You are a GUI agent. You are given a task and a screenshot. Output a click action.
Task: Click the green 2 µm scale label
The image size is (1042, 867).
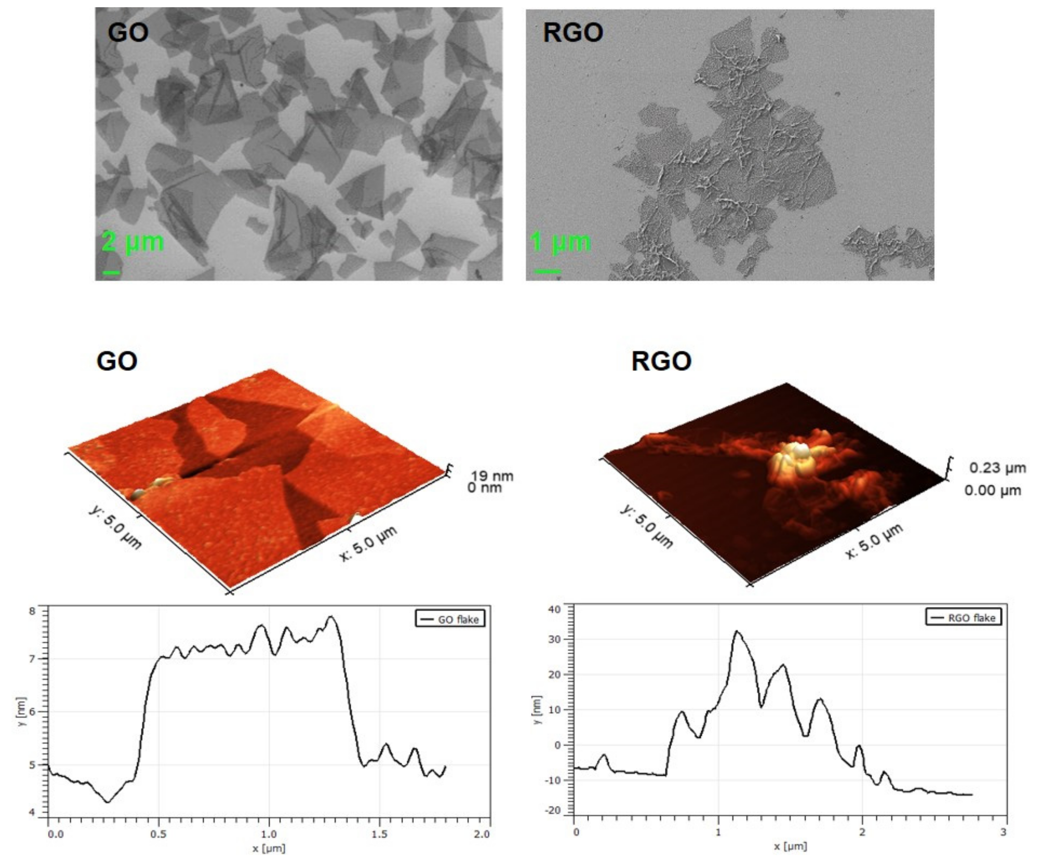click(132, 242)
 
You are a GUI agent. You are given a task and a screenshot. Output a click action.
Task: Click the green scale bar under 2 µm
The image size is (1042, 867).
click(111, 272)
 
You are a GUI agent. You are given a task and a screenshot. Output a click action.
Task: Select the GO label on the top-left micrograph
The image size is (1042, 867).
click(128, 33)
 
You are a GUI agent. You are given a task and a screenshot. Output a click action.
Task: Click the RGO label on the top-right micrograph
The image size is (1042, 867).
click(573, 33)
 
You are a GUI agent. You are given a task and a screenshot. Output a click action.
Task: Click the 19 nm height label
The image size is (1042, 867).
click(492, 476)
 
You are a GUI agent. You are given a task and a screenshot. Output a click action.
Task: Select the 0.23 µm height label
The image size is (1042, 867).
click(997, 468)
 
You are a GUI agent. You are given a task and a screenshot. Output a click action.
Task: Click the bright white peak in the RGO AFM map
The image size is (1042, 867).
click(800, 451)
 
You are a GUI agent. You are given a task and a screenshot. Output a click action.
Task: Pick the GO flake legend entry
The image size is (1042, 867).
click(449, 619)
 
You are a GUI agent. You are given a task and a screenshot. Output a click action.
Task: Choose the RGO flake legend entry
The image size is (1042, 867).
click(963, 617)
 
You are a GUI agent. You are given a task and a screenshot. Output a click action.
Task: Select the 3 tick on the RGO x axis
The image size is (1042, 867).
click(1003, 832)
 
